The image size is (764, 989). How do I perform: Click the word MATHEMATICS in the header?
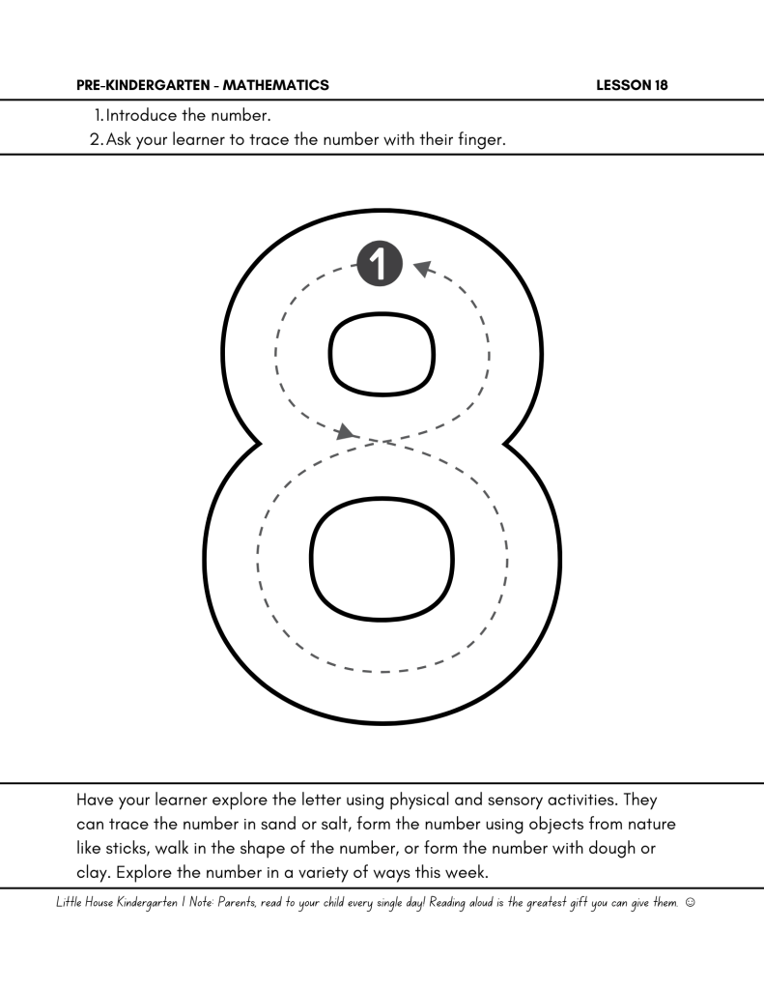point(275,85)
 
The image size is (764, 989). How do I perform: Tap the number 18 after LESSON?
point(660,85)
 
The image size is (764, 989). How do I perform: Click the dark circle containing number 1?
point(380,263)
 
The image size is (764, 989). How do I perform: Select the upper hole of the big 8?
point(382,352)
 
